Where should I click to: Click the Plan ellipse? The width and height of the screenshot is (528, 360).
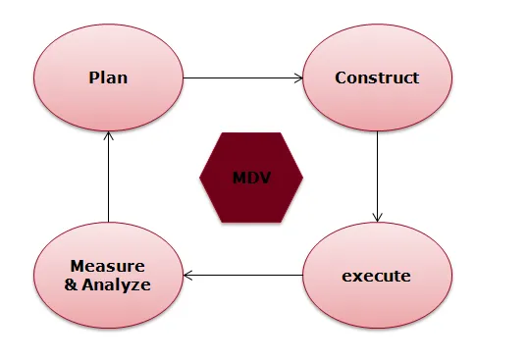pyautogui.click(x=109, y=77)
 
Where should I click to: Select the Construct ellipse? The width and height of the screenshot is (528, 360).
pyautogui.click(x=377, y=77)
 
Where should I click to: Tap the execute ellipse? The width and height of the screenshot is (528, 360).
pyautogui.click(x=377, y=276)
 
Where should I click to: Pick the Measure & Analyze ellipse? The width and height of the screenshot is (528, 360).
pyautogui.click(x=109, y=276)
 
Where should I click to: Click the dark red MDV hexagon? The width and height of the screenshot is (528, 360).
pyautogui.click(x=251, y=178)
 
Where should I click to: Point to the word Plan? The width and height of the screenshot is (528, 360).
pyautogui.click(x=109, y=77)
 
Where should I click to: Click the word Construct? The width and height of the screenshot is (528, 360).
pyautogui.click(x=377, y=77)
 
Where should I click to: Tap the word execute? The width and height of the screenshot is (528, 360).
pyautogui.click(x=377, y=276)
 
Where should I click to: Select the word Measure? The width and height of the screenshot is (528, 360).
pyautogui.click(x=108, y=267)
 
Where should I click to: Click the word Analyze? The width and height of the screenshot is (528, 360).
pyautogui.click(x=118, y=284)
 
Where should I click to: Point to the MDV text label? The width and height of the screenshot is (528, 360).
pyautogui.click(x=251, y=178)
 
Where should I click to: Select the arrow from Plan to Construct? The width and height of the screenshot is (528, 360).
pyautogui.click(x=242, y=77)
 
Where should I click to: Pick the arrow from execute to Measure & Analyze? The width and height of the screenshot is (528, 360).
pyautogui.click(x=242, y=276)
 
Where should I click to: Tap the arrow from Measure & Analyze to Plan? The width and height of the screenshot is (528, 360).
pyautogui.click(x=109, y=177)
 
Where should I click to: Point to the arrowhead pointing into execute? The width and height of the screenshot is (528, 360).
pyautogui.click(x=377, y=218)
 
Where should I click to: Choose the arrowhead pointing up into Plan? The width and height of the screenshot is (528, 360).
pyautogui.click(x=109, y=135)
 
